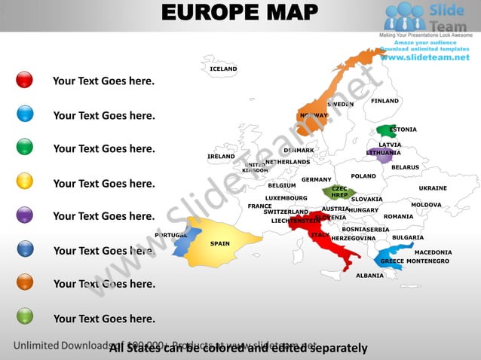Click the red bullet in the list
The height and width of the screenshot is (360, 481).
(24, 80)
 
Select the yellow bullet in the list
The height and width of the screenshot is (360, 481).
(24, 181)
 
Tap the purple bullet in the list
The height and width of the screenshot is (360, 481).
(24, 215)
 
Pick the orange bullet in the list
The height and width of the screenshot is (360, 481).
(24, 282)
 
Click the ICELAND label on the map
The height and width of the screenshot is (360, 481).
(223, 69)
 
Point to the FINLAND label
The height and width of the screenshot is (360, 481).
(384, 101)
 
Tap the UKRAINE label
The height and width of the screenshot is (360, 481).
(433, 188)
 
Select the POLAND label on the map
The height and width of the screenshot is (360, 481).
(363, 176)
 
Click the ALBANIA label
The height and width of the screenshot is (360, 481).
(369, 276)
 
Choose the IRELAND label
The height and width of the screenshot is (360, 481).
(221, 157)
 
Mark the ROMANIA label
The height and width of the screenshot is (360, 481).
(398, 217)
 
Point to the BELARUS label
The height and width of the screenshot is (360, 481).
(405, 167)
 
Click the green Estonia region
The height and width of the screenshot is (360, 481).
(387, 131)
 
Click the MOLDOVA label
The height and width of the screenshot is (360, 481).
(426, 205)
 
